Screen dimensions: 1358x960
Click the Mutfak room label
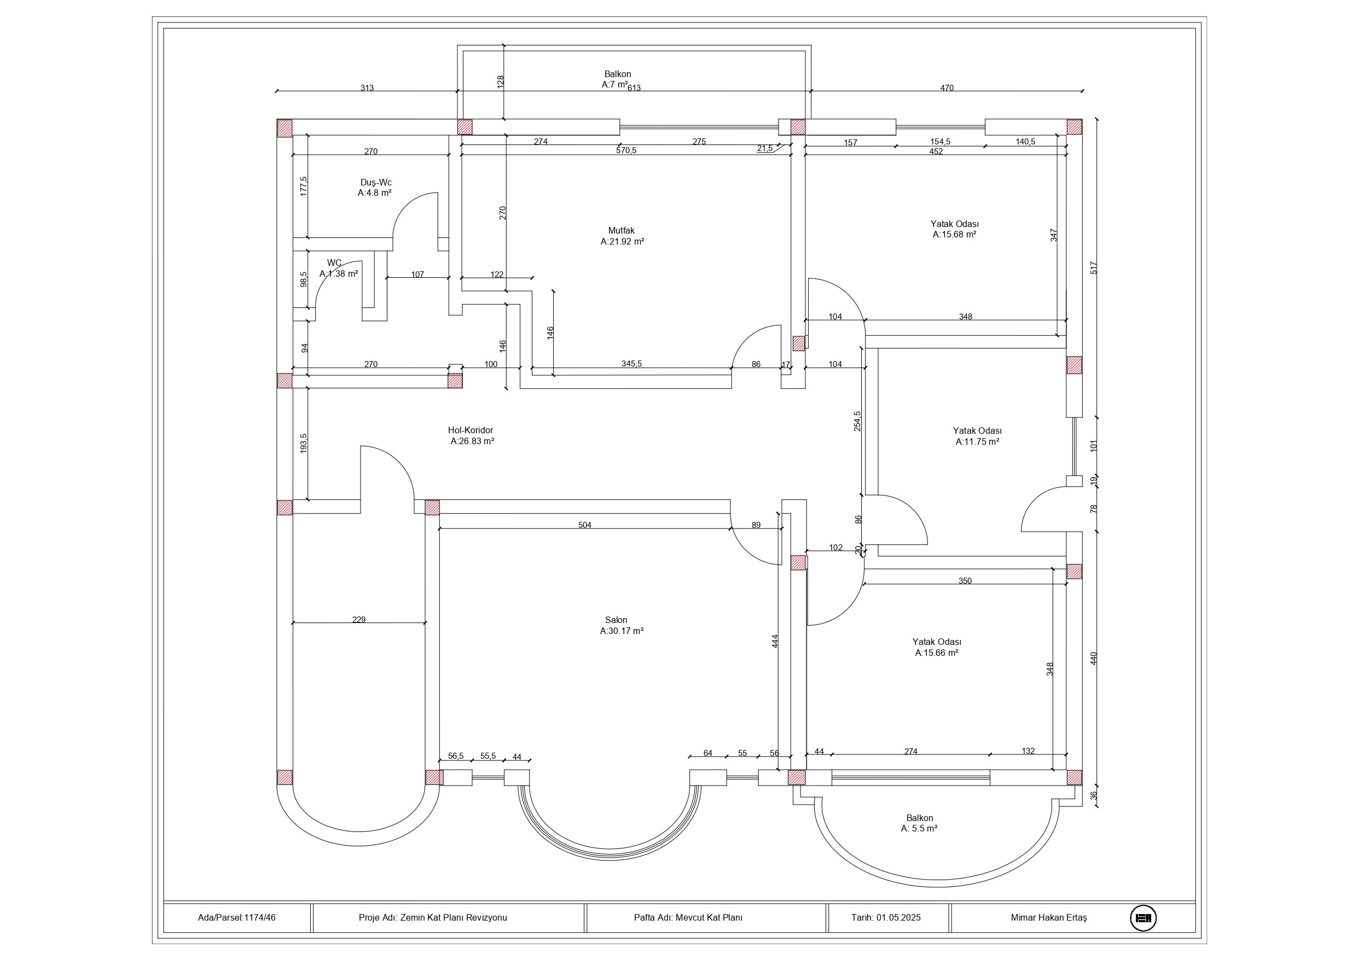[621, 231]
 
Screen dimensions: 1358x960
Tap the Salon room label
[616, 620]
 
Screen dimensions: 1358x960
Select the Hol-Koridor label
[470, 430]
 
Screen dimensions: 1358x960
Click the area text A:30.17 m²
[622, 631]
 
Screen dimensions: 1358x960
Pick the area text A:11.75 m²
[977, 442]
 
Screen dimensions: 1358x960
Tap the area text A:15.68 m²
[954, 235]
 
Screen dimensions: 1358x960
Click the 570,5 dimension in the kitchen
[626, 151]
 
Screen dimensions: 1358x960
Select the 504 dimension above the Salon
[584, 525]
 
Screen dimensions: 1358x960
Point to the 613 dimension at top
[634, 88]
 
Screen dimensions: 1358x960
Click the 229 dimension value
[358, 620]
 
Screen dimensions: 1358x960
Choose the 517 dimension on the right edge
[1094, 268]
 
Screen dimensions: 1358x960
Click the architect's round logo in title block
[1144, 918]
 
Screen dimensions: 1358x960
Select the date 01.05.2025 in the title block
[898, 918]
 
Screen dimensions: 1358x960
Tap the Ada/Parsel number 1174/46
[260, 918]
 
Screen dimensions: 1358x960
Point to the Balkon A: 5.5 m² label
[919, 823]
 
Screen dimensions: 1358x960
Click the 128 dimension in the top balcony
[501, 82]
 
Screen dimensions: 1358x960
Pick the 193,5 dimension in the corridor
[304, 444]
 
